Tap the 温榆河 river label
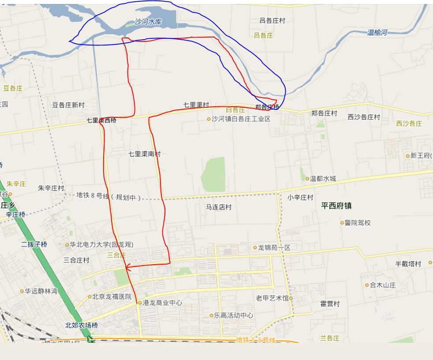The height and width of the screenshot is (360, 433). pyautogui.click(x=377, y=32)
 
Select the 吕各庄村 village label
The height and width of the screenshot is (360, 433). pyautogui.click(x=272, y=21)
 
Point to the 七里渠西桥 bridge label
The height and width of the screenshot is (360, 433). pyautogui.click(x=101, y=120)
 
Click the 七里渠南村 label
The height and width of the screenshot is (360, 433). pyautogui.click(x=145, y=154)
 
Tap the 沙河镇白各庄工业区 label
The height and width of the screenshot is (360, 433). pyautogui.click(x=241, y=119)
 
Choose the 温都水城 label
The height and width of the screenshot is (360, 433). pyautogui.click(x=323, y=179)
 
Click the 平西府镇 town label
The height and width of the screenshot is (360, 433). pyautogui.click(x=336, y=206)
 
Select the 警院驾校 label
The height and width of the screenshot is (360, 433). pyautogui.click(x=358, y=223)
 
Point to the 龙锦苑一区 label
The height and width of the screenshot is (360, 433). pyautogui.click(x=274, y=247)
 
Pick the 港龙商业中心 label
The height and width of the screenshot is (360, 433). pyautogui.click(x=162, y=303)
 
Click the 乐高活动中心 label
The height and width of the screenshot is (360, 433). pyautogui.click(x=234, y=315)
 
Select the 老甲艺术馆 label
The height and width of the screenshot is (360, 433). pyautogui.click(x=272, y=298)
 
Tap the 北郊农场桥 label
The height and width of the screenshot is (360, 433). pyautogui.click(x=82, y=326)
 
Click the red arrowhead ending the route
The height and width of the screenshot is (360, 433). pyautogui.click(x=128, y=267)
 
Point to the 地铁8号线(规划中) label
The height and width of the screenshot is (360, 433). pyautogui.click(x=109, y=197)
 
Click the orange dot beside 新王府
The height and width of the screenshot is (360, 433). pyautogui.click(x=408, y=156)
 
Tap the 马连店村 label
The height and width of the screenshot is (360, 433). pyautogui.click(x=219, y=207)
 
